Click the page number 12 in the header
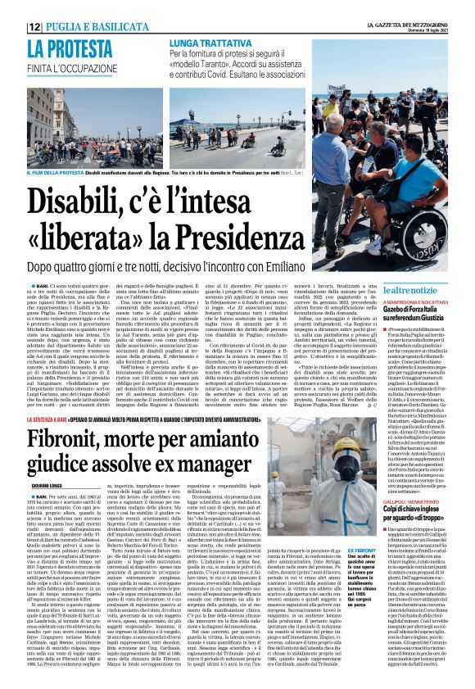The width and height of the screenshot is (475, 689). [x=35, y=27]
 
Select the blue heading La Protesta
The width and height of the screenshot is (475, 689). [x=62, y=49]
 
